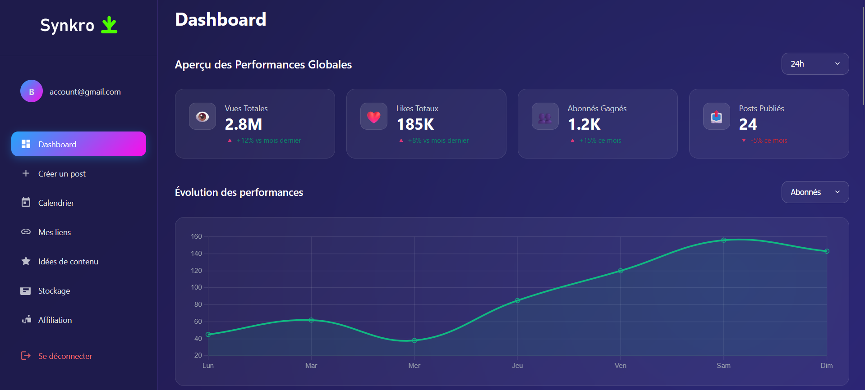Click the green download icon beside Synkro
(x=109, y=25)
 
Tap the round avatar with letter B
(x=32, y=91)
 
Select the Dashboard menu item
(x=78, y=144)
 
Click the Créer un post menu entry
(x=62, y=174)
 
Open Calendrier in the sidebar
(x=56, y=203)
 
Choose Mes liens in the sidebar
(x=55, y=232)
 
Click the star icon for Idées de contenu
(x=26, y=261)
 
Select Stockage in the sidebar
(x=54, y=291)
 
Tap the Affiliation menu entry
(x=55, y=320)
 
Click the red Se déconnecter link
(x=65, y=356)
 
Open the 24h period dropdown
(x=815, y=64)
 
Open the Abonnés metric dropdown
(x=815, y=192)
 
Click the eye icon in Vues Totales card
(x=202, y=117)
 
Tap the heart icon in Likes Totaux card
(x=374, y=117)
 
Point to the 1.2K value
(x=584, y=124)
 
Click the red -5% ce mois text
(x=768, y=141)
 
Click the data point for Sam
(x=723, y=240)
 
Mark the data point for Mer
(x=414, y=340)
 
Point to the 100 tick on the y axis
(x=196, y=287)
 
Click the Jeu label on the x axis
(x=517, y=366)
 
